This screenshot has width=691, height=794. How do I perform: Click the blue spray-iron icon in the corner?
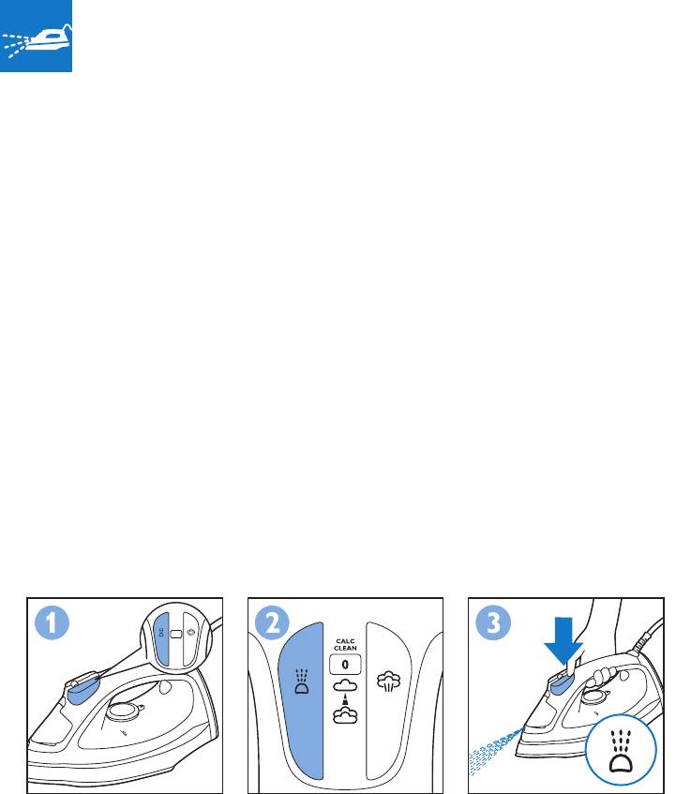(x=36, y=36)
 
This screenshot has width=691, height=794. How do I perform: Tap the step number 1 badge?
(x=52, y=622)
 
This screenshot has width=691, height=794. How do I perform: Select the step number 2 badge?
(x=273, y=622)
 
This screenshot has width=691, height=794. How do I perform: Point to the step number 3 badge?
(x=493, y=622)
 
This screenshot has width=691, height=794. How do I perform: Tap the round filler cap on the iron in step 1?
(x=124, y=711)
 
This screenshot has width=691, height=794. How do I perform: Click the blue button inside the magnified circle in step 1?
(x=161, y=639)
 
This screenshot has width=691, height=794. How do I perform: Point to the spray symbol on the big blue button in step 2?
(x=301, y=682)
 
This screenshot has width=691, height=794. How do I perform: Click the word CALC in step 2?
(x=345, y=641)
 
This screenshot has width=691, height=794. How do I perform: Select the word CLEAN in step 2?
(x=345, y=648)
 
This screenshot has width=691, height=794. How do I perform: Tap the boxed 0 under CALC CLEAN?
(x=345, y=665)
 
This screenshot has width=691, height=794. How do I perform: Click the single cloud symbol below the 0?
(x=345, y=685)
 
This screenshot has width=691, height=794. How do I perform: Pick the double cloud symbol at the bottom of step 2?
(x=345, y=714)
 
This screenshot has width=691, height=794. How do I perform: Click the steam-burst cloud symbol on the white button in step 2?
(x=388, y=682)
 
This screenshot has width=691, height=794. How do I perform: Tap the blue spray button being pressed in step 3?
(x=563, y=683)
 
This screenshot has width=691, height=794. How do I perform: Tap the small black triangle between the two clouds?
(x=345, y=699)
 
